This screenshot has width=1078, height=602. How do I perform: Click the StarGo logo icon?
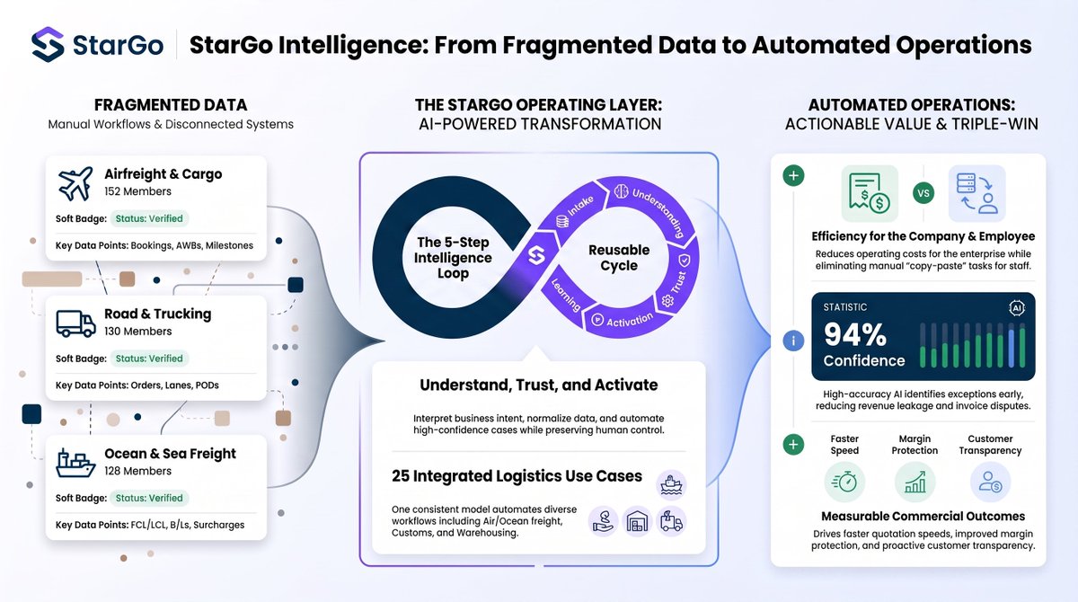tap(48, 44)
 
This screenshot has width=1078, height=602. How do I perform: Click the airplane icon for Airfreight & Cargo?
tap(75, 183)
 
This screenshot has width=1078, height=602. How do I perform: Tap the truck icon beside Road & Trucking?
tap(76, 323)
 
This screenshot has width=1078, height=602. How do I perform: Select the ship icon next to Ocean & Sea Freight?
tap(75, 463)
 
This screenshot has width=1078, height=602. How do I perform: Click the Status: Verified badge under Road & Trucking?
tap(149, 359)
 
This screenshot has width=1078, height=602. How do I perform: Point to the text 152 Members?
tap(137, 191)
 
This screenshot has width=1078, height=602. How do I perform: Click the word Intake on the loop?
tap(580, 206)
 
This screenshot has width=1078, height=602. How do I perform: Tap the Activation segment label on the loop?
tap(630, 320)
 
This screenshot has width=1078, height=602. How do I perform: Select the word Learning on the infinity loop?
tap(566, 295)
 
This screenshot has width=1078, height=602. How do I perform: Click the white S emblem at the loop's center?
tap(536, 255)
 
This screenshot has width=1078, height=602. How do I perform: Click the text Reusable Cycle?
tap(619, 258)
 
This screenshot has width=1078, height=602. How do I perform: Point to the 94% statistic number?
tap(854, 334)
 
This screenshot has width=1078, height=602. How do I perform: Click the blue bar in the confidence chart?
tap(1011, 346)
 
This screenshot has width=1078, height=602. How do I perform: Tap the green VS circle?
tap(923, 193)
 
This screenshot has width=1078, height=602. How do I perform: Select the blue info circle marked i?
tap(793, 341)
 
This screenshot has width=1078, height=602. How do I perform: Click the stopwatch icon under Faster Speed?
tap(844, 482)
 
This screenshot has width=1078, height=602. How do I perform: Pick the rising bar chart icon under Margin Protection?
tap(915, 482)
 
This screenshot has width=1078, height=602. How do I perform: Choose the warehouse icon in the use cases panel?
tap(637, 522)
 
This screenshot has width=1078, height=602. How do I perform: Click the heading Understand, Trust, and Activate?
tap(538, 385)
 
